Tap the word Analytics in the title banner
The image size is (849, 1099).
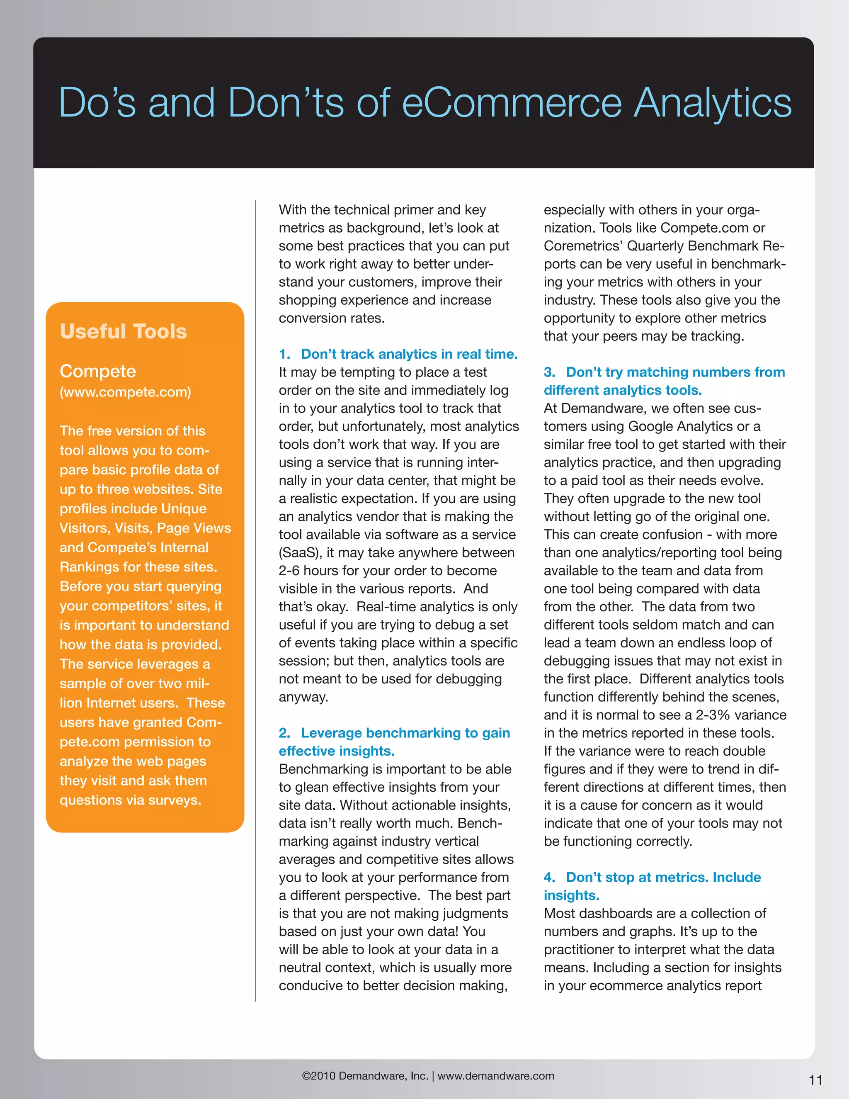[x=712, y=103]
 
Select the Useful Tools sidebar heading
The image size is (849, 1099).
[x=123, y=332]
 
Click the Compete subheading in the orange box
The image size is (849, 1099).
[x=97, y=371]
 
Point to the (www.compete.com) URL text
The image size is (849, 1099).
[x=125, y=392]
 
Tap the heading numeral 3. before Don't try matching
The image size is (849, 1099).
[x=549, y=372]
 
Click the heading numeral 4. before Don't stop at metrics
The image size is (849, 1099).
[x=549, y=877]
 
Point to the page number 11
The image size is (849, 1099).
[x=815, y=1080]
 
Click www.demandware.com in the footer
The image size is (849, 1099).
[x=495, y=1076]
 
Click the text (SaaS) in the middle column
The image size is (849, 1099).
[x=300, y=552]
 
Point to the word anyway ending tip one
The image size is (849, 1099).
[x=303, y=697]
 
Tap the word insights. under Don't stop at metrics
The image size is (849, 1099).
[x=571, y=895]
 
